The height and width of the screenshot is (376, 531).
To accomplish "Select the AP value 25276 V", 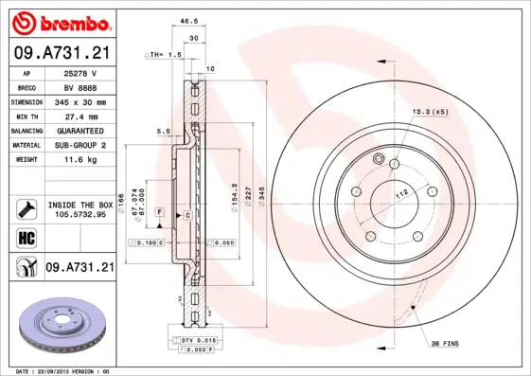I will point(80,72).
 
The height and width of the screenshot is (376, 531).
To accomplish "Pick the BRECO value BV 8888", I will point(80,86).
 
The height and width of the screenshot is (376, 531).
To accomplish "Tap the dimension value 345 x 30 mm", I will point(80,100).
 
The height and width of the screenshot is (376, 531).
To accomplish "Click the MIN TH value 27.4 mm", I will point(80,115).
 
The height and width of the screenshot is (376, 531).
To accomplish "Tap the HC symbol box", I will point(26,237).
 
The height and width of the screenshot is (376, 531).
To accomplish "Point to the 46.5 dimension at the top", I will point(188,19).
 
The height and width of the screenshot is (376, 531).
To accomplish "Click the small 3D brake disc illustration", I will point(62,326).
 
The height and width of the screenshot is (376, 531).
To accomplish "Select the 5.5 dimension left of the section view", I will point(162,132).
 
